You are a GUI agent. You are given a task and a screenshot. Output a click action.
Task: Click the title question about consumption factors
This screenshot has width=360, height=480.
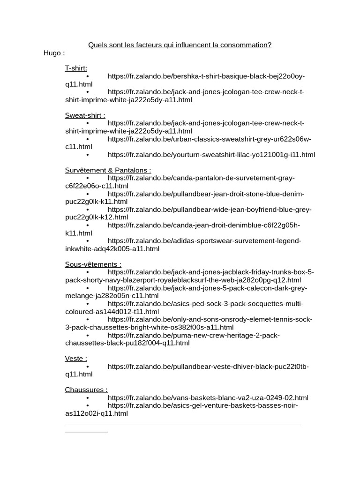180,45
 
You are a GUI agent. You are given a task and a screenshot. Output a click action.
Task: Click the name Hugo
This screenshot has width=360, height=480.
54,53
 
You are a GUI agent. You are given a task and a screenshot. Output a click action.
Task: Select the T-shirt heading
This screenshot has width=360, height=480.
76,68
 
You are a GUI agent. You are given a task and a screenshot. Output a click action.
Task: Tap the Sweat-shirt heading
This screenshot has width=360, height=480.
85,115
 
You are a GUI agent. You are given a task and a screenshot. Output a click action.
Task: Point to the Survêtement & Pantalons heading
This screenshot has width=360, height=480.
108,170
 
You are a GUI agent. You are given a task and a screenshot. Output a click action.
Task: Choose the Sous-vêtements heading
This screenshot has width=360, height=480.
93,264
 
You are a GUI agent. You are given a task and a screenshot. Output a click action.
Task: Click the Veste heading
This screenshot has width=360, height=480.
76,359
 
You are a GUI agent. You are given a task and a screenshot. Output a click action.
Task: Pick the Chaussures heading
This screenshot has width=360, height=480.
86,390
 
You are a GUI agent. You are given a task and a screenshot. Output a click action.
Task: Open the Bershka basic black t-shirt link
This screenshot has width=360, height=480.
206,76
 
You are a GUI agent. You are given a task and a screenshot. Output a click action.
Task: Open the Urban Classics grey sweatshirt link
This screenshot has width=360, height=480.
209,139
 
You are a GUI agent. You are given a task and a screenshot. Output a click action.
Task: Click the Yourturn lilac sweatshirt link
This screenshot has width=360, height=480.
211,155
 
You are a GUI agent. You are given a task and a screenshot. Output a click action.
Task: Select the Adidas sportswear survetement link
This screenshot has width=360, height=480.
204,241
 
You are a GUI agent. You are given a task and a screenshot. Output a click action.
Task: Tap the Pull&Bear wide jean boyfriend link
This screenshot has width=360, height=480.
210,210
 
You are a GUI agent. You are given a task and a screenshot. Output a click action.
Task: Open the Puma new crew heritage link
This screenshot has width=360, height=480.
194,335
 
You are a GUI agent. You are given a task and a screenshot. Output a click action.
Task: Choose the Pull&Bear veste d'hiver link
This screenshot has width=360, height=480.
208,367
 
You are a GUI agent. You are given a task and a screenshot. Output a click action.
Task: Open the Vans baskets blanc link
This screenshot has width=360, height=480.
208,398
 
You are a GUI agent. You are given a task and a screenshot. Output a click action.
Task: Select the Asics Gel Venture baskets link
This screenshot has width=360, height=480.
202,405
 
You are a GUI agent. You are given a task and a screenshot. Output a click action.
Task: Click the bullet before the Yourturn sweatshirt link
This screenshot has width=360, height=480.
88,155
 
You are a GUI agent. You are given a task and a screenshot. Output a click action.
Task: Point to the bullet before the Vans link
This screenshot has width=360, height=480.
88,398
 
